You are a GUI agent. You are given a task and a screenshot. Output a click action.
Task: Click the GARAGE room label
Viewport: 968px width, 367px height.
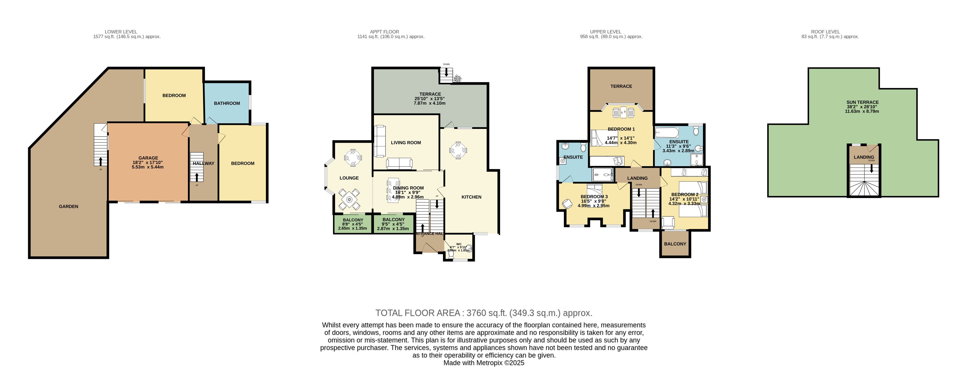click(148, 158)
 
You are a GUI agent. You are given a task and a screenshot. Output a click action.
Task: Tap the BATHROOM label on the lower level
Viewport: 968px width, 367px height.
click(227, 103)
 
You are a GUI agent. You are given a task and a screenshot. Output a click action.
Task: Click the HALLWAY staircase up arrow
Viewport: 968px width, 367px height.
click(197, 176)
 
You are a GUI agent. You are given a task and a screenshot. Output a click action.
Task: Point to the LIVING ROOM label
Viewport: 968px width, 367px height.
click(405, 143)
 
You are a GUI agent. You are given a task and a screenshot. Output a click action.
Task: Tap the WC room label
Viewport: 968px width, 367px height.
click(458, 244)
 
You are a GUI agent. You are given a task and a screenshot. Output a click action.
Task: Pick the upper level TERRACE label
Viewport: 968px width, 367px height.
click(621, 86)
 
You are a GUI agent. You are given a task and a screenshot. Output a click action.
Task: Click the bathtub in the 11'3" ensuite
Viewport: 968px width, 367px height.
click(666, 132)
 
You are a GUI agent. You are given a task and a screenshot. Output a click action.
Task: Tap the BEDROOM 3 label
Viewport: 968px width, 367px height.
click(594, 197)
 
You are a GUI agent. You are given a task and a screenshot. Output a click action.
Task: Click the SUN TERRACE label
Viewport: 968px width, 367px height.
click(862, 102)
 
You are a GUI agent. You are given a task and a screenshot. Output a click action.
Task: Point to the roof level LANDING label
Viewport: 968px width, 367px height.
click(864, 157)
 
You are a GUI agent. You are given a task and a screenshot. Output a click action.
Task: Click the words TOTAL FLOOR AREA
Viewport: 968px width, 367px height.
click(418, 313)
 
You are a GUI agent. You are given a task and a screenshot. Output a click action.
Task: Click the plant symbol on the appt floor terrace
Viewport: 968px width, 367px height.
click(458, 79)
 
